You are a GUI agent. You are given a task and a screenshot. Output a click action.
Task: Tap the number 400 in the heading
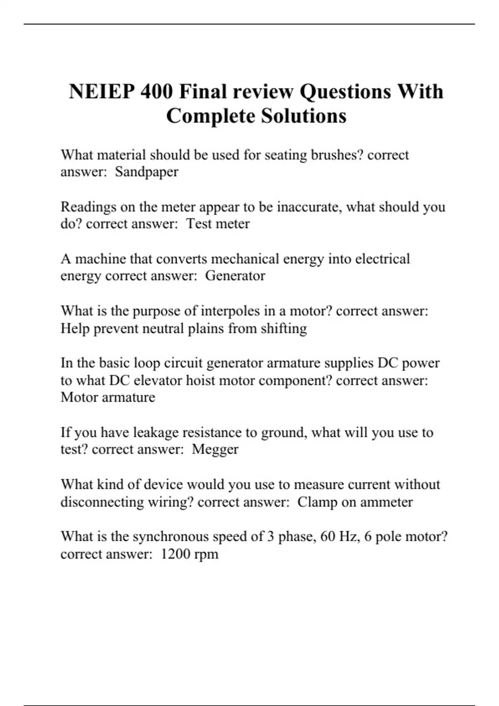(156, 91)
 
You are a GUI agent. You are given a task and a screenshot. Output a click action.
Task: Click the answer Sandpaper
(146, 172)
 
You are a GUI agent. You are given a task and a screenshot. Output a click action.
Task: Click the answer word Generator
(235, 276)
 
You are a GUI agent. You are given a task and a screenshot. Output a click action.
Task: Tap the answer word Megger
(215, 449)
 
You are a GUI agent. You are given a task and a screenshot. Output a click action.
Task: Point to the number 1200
(175, 554)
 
